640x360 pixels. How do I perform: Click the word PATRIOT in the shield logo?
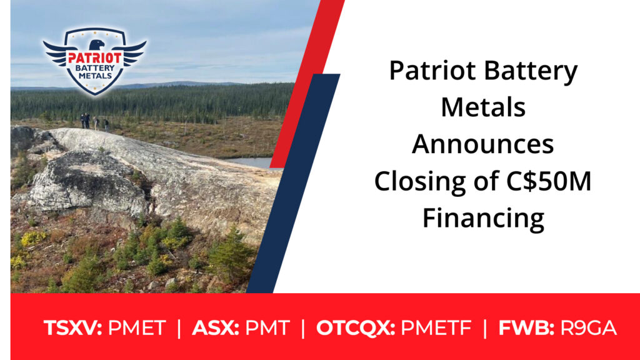(95, 58)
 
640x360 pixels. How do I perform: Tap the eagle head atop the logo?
(97, 44)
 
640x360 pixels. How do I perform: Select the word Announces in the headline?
(483, 144)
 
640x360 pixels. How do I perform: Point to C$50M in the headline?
(549, 181)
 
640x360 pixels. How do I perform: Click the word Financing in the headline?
(483, 219)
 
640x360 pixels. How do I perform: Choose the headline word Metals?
(483, 107)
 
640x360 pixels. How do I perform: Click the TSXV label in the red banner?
(72, 328)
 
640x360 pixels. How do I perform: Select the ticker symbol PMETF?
(436, 328)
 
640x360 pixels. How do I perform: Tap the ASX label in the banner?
(216, 328)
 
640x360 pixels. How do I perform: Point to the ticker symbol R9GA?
(588, 328)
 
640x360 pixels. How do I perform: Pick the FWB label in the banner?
(526, 328)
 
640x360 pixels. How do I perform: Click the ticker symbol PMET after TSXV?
(137, 328)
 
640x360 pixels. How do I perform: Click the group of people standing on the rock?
(94, 122)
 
